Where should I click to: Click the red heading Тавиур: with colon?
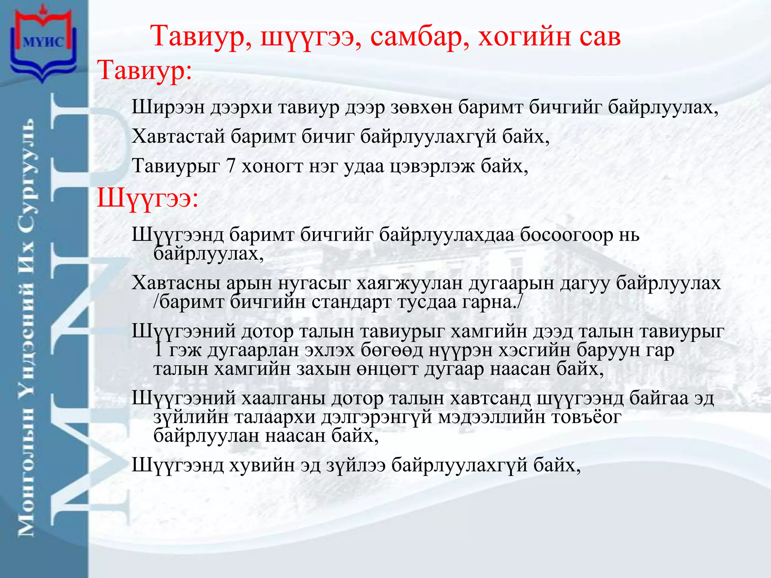pyautogui.click(x=145, y=70)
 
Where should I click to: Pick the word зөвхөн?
pyautogui.click(x=421, y=108)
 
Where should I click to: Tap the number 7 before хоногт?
pyautogui.click(x=231, y=166)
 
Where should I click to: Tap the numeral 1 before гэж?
pyautogui.click(x=158, y=350)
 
